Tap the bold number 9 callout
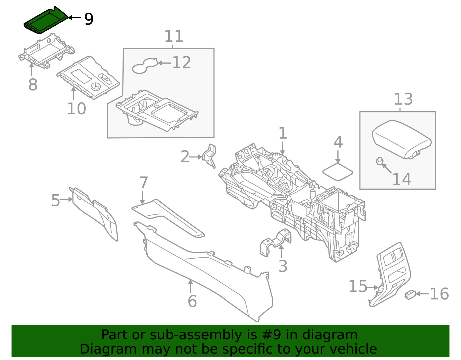click(89, 19)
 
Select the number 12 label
click(182, 63)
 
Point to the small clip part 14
click(379, 161)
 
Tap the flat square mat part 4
click(338, 172)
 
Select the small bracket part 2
click(210, 156)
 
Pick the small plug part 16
click(410, 294)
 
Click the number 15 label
click(358, 287)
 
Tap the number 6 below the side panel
click(192, 301)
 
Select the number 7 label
click(143, 183)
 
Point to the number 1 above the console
click(283, 133)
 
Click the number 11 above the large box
click(174, 36)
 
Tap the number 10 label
click(76, 109)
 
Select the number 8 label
click(33, 84)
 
